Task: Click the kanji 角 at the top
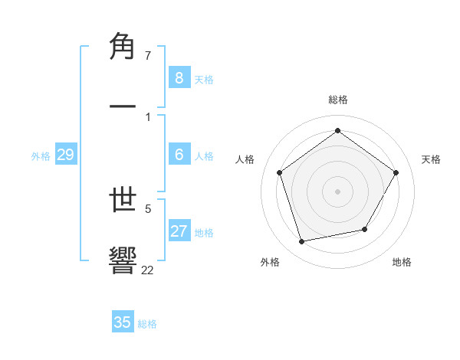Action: pyautogui.click(x=123, y=47)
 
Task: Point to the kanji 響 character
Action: pyautogui.click(x=123, y=260)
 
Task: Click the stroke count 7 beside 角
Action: pyautogui.click(x=148, y=55)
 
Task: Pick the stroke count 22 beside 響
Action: pyautogui.click(x=147, y=269)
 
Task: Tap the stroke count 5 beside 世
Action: pyautogui.click(x=148, y=207)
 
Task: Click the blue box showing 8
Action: pyautogui.click(x=179, y=77)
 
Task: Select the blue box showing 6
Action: pyautogui.click(x=179, y=155)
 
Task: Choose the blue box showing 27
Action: pyautogui.click(x=179, y=231)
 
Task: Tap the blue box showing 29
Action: pyautogui.click(x=65, y=155)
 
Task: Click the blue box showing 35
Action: pyautogui.click(x=123, y=322)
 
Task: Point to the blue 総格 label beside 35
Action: pyautogui.click(x=147, y=324)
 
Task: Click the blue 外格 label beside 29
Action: pyautogui.click(x=41, y=156)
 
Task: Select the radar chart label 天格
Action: pyautogui.click(x=431, y=159)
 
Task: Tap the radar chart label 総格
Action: pyautogui.click(x=337, y=100)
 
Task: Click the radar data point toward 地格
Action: pyautogui.click(x=365, y=229)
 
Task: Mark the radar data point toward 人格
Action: pyautogui.click(x=280, y=172)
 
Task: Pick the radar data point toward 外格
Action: pyautogui.click(x=302, y=241)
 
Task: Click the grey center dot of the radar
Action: pyautogui.click(x=337, y=191)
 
